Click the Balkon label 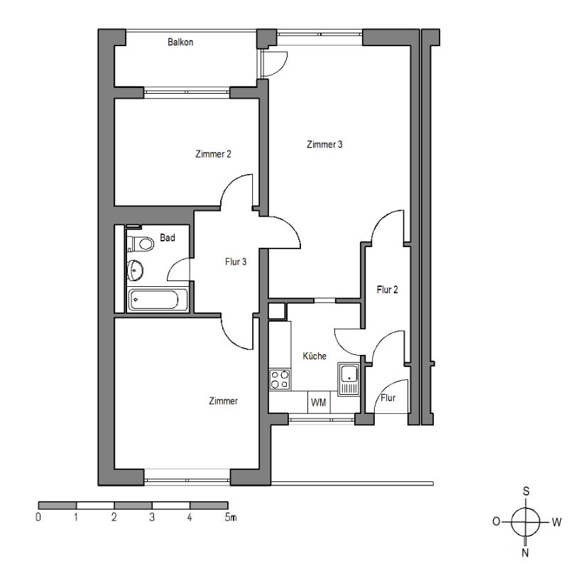tap(180, 42)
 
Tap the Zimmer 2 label tap(213, 154)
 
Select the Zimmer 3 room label tap(324, 144)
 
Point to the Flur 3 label tap(236, 261)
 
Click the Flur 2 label tap(387, 290)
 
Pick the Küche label tap(315, 356)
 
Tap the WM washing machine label tap(318, 402)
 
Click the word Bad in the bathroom tap(168, 238)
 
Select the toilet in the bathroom tap(141, 244)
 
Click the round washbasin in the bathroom tap(135, 271)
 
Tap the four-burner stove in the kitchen tap(280, 379)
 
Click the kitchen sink tap(349, 378)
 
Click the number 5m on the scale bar tap(230, 517)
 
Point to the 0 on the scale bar tap(38, 517)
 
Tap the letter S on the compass tap(526, 491)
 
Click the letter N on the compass tap(525, 552)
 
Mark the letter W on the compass tap(557, 522)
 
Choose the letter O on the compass tap(496, 522)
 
